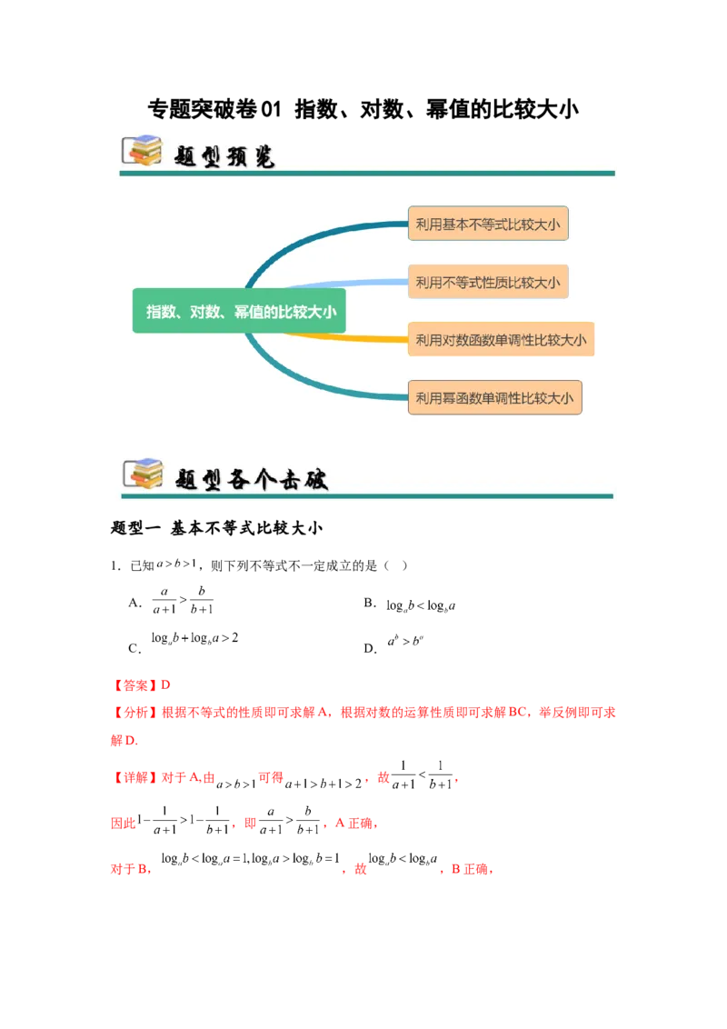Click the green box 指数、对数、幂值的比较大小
click(241, 311)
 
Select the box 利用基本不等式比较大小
click(488, 224)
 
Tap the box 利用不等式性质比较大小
click(488, 283)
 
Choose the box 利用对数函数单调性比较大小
click(501, 340)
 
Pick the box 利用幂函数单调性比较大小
click(494, 398)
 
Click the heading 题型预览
click(224, 155)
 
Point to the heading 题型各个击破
click(251, 478)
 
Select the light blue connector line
click(345, 284)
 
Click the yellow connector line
click(345, 338)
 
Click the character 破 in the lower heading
click(314, 479)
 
